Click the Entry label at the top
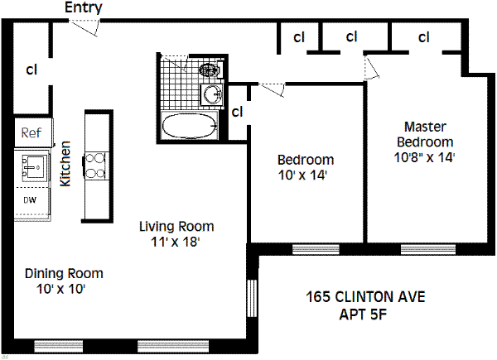pyautogui.click(x=84, y=7)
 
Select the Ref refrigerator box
pyautogui.click(x=33, y=132)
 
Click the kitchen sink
pyautogui.click(x=34, y=167)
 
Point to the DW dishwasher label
pyautogui.click(x=30, y=200)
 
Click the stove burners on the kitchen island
pyautogui.click(x=96, y=166)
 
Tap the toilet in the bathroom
pyautogui.click(x=210, y=70)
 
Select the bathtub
pyautogui.click(x=190, y=126)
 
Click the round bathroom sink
pyautogui.click(x=213, y=94)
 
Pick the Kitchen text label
pyautogui.click(x=65, y=164)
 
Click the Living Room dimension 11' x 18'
pyautogui.click(x=175, y=242)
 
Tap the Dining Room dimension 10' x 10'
pyautogui.click(x=60, y=289)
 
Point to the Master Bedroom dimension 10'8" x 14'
pyautogui.click(x=424, y=157)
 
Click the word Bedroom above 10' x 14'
pyautogui.click(x=306, y=160)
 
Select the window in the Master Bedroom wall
pyautogui.click(x=428, y=249)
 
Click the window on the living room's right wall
pyautogui.click(x=252, y=298)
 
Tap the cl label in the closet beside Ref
pyautogui.click(x=31, y=69)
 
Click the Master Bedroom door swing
pyautogui.click(x=371, y=67)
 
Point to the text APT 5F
pyautogui.click(x=364, y=314)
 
